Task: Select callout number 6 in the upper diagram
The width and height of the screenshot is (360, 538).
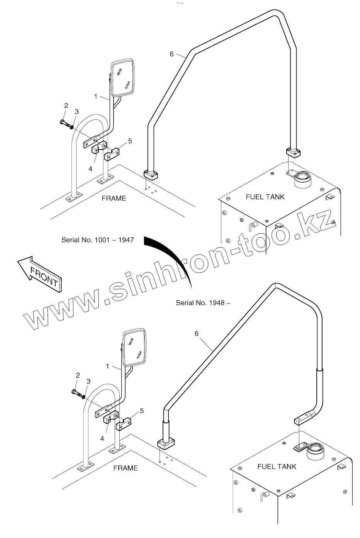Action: coord(172,54)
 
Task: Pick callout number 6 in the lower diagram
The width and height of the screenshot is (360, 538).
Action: coord(197,333)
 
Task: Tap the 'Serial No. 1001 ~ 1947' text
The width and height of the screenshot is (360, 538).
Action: coord(98,240)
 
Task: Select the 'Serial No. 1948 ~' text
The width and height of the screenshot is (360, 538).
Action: coord(203,303)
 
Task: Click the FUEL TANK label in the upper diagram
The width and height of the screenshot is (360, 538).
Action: coord(265,197)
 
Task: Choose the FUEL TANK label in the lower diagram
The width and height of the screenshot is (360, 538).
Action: coord(277,467)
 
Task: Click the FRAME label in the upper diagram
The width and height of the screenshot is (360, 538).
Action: coord(114,199)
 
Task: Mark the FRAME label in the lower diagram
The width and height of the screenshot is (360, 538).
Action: coord(126,468)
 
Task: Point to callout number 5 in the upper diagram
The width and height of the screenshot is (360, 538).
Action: coord(130,141)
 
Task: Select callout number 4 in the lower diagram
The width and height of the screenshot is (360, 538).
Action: coord(102,438)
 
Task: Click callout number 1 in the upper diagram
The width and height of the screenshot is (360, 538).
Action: coord(96,97)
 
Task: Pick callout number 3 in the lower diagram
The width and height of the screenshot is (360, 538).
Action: coord(88,382)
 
